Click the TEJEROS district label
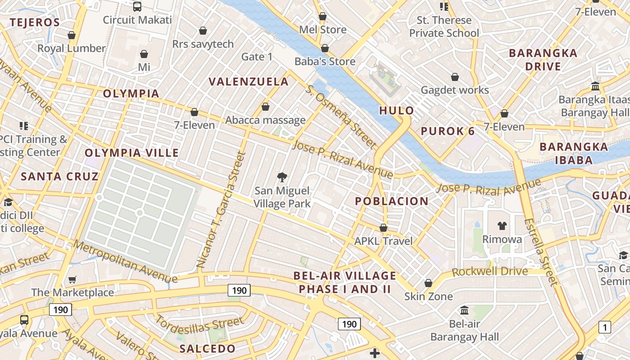pos(35,22)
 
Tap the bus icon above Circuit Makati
pos(137,7)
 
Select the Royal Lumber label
pos(71,48)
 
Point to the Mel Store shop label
pos(323,30)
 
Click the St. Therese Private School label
pos(444,27)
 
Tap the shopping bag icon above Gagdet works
pos(455,77)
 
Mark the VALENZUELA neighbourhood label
pos(248,81)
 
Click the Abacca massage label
pos(265,120)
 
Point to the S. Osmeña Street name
pos(340,116)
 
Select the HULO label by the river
pos(396,110)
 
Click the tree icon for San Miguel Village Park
pos(282,177)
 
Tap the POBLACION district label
pos(391,201)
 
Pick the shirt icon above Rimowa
pos(502,226)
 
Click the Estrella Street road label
pos(541,252)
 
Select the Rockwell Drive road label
pos(490,271)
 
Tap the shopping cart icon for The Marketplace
pos(72,280)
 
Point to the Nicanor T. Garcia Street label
pos(221,210)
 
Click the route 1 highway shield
pos(605,327)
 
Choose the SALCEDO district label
pos(207,348)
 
